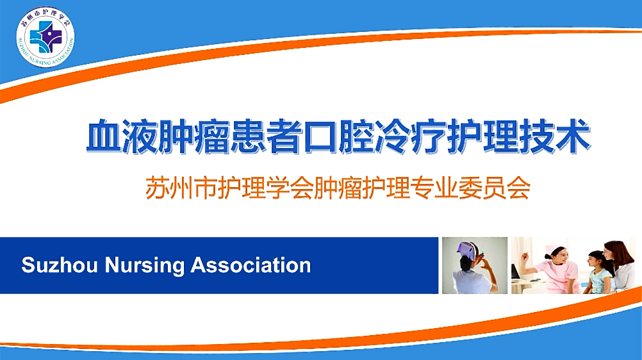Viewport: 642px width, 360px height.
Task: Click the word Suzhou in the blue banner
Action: [x=60, y=265]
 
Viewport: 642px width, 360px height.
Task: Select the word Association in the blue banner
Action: [x=251, y=265]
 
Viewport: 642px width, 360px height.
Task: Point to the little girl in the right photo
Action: [x=599, y=272]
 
